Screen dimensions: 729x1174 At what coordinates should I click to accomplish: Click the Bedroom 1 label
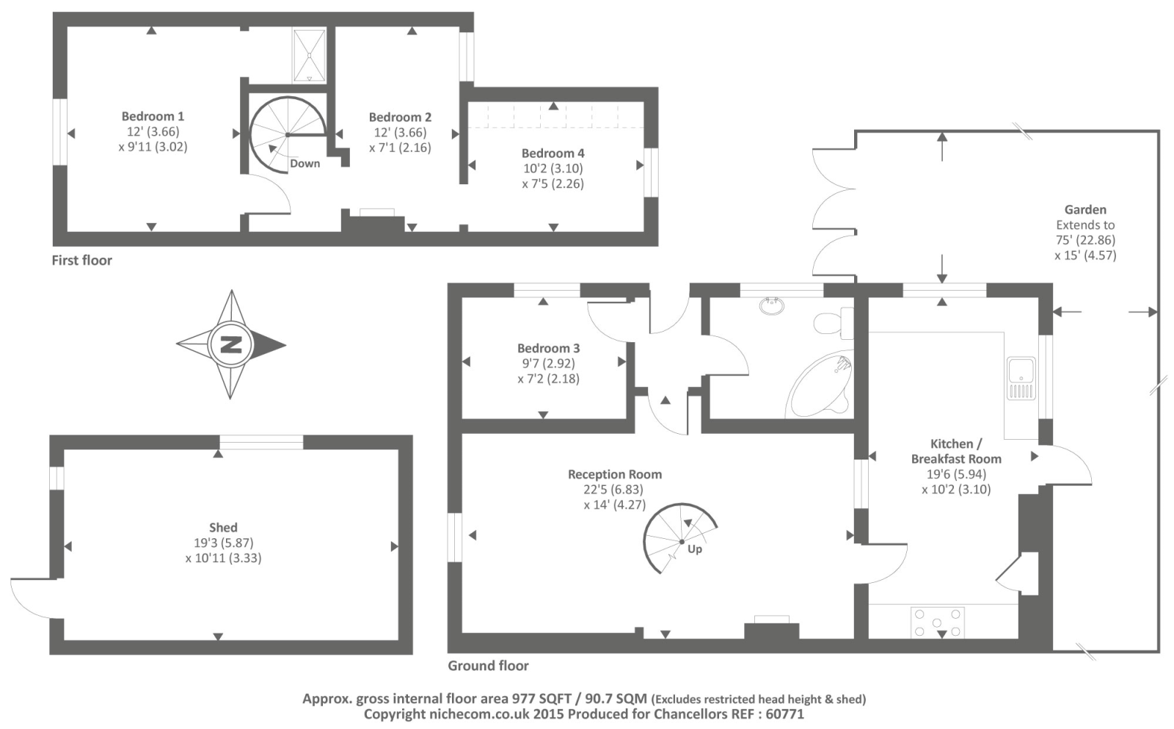pos(153,116)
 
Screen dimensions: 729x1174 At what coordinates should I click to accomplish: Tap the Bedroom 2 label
pos(400,117)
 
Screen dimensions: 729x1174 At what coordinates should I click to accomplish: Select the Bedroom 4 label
pos(553,153)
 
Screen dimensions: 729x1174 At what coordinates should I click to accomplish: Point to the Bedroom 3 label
pos(548,348)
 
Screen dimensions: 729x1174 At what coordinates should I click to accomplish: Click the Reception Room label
pos(614,474)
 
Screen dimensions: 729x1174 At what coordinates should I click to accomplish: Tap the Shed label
pos(223,527)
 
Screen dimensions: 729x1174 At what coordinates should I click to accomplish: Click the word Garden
pos(1084,209)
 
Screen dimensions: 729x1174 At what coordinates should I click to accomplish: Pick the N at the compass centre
pos(231,344)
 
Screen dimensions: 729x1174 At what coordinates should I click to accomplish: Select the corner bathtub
pos(820,387)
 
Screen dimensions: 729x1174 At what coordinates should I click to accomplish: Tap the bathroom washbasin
pos(771,305)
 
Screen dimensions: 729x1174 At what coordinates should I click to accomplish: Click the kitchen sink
pos(1021,378)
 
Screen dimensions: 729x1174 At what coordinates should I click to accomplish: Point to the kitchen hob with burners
pos(937,623)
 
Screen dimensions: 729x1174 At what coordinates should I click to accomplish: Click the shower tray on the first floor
pos(309,55)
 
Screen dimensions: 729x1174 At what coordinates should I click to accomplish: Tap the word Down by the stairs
pos(305,163)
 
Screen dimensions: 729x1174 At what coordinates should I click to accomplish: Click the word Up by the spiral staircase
pos(694,548)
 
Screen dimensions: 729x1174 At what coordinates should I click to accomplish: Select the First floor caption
pos(81,260)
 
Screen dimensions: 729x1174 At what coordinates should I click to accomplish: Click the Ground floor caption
pos(488,666)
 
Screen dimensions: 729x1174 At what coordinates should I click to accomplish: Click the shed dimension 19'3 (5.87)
pos(223,543)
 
